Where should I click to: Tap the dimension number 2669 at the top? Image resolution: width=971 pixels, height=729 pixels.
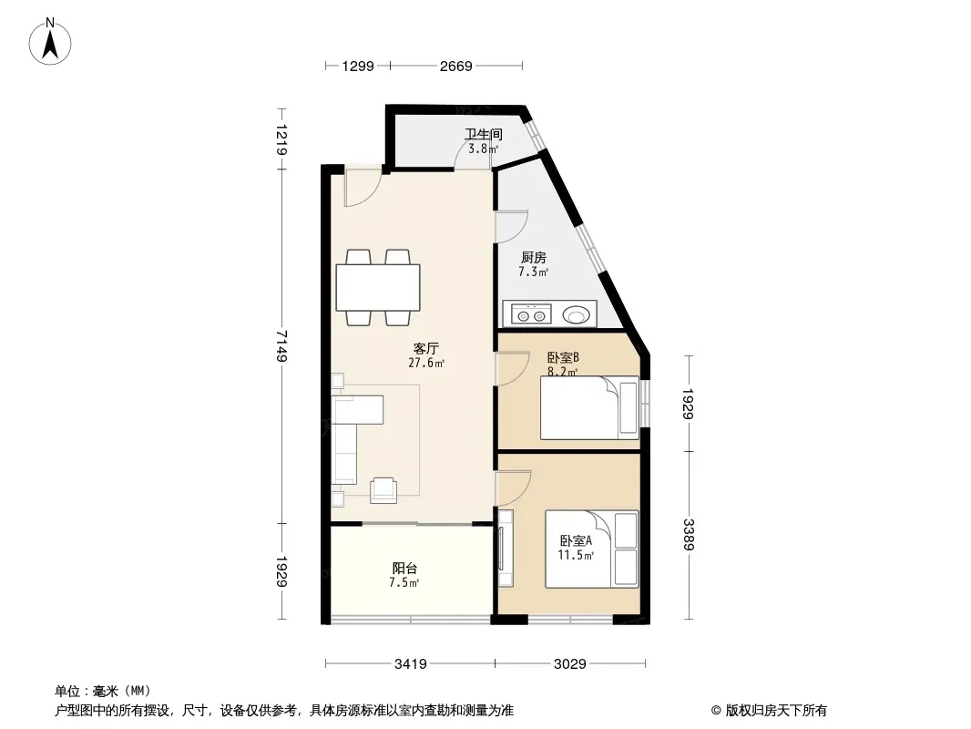(455, 67)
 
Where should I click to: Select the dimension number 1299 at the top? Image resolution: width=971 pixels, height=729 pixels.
(358, 67)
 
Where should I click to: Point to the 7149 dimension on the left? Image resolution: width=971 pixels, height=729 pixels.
(281, 345)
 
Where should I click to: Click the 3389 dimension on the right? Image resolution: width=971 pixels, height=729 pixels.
(689, 534)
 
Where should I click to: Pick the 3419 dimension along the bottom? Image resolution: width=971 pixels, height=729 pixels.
(411, 664)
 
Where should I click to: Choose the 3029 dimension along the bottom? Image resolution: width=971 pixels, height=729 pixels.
(569, 664)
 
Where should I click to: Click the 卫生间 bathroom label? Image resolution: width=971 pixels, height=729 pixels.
(484, 134)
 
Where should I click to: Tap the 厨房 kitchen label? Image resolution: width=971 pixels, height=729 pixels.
(533, 257)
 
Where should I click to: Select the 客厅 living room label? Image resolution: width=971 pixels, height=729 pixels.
(426, 349)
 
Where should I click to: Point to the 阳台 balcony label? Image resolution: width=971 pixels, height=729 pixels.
(404, 568)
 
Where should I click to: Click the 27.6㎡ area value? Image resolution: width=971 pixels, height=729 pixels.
(426, 363)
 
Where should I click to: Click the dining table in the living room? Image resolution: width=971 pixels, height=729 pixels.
(378, 287)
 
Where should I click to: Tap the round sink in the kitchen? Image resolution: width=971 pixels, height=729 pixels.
(576, 314)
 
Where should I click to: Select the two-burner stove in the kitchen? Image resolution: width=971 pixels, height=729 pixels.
(531, 314)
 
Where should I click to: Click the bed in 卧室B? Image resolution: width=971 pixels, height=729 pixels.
(589, 407)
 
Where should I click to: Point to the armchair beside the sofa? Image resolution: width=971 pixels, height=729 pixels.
(384, 490)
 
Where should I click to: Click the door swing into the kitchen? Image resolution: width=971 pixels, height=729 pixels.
(512, 227)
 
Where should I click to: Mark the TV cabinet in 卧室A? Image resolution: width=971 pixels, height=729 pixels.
(506, 549)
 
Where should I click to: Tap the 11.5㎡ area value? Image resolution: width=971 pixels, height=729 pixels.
(576, 556)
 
